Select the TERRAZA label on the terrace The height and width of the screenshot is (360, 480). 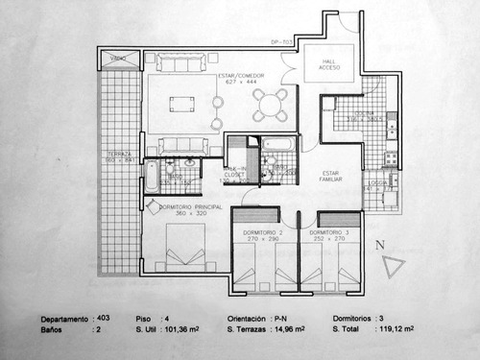click(x=121, y=156)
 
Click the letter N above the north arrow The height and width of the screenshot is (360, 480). click(x=380, y=245)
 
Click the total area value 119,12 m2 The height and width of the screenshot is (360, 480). click(x=396, y=329)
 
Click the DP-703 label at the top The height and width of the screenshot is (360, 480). click(x=280, y=42)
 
